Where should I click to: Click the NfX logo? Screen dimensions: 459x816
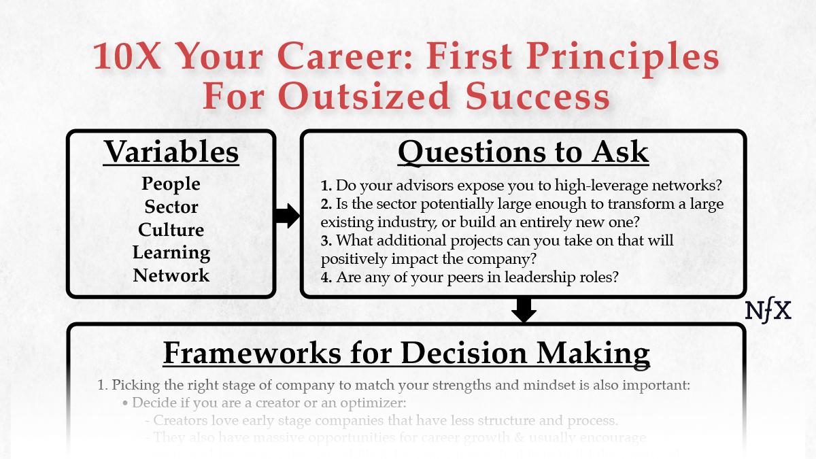768,311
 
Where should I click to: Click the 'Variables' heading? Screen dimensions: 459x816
171,152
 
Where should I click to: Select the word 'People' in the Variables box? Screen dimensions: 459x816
171,184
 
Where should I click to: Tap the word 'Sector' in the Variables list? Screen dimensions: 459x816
171,206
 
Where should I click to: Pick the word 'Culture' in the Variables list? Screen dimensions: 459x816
171,229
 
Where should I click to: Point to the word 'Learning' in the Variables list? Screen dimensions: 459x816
171,252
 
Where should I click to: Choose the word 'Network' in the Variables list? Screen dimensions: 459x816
171,275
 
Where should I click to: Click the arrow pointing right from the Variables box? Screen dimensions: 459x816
288,216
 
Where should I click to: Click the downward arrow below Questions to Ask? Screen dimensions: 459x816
524,310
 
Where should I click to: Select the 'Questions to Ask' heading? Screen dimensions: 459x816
523,152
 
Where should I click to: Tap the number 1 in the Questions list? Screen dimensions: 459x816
325,185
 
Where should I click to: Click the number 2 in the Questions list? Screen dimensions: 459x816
325,203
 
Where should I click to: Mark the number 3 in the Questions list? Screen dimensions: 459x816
325,240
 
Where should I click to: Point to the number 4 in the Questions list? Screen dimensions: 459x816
325,277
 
